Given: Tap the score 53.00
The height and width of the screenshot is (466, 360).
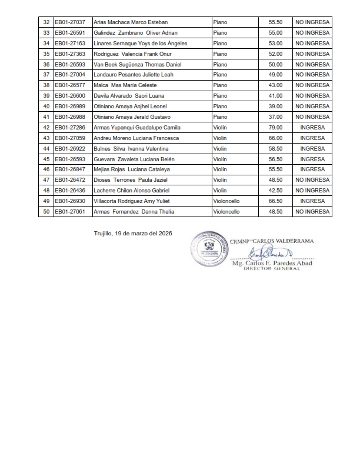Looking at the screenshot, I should [275, 44].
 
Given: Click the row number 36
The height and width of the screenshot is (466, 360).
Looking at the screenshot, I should [46, 64].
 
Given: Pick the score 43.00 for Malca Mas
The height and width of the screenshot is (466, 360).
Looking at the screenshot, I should [275, 85].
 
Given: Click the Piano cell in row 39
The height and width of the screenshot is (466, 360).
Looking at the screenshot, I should [221, 96].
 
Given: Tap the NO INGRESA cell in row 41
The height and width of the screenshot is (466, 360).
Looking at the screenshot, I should [321, 117].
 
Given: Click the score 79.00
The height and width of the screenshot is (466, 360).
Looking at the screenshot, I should [275, 128].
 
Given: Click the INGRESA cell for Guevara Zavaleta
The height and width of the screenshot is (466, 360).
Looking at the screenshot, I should [321, 159].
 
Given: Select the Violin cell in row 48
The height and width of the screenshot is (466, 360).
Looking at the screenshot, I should [220, 191].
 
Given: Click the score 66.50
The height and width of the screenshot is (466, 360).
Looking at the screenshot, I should [275, 201].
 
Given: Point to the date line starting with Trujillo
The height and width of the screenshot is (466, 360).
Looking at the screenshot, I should [136, 233].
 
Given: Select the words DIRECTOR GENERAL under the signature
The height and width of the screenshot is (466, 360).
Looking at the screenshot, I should [272, 269].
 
